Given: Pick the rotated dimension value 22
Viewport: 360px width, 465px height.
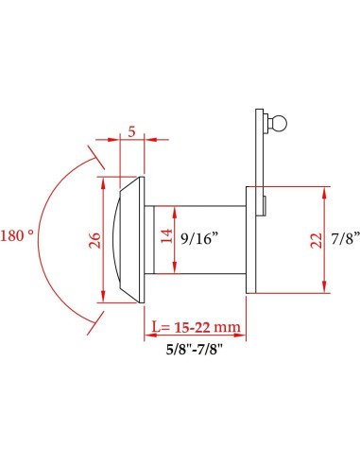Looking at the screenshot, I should tap(316, 239).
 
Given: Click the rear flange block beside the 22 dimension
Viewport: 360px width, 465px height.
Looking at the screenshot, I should tap(253, 240).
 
